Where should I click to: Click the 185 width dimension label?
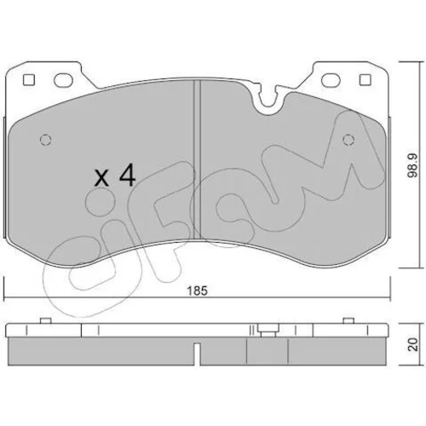[198, 291]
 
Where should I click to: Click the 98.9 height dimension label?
[412, 165]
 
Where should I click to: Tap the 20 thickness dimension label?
[413, 344]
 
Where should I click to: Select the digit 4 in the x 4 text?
[127, 176]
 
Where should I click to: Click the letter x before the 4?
[101, 178]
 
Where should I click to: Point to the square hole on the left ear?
[29, 80]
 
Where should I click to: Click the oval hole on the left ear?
[63, 80]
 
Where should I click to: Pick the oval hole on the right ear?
[331, 80]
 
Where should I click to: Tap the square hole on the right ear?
[366, 80]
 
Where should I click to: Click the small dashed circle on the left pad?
[46, 140]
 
